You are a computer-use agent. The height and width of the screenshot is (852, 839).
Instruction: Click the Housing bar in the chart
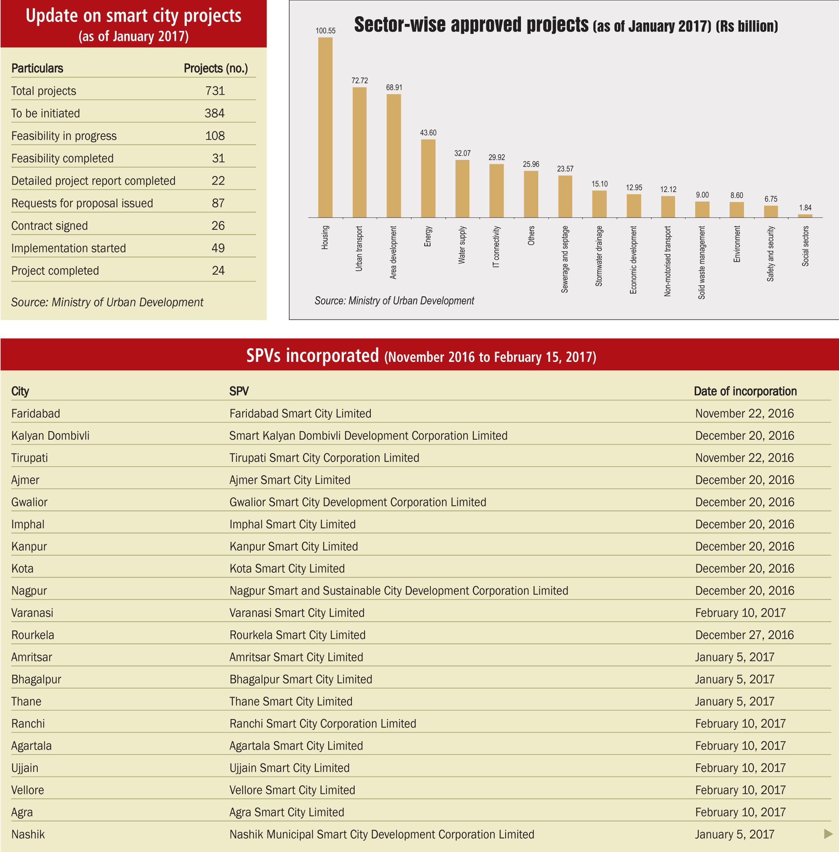(x=325, y=128)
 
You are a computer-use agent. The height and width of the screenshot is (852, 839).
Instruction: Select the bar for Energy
(x=428, y=178)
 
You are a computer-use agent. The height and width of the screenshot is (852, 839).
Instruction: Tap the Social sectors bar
(x=805, y=216)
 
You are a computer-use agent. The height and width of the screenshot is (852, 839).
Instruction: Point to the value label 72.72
(x=360, y=81)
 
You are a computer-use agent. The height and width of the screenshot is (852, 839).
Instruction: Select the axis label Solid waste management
(x=702, y=263)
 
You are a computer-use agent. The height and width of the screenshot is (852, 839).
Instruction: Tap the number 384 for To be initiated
(x=214, y=113)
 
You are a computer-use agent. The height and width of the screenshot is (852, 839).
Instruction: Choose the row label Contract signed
(x=49, y=226)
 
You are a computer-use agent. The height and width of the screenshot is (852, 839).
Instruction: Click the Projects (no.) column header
(x=216, y=68)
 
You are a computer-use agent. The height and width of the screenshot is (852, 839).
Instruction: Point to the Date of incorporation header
(x=745, y=391)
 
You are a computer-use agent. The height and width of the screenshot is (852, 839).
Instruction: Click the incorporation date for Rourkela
(x=745, y=635)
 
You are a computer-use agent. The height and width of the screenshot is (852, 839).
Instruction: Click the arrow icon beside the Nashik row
(x=828, y=834)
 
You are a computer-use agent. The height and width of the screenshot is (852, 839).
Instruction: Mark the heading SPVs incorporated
(x=312, y=355)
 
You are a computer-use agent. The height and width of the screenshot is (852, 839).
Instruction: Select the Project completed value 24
(x=218, y=271)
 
